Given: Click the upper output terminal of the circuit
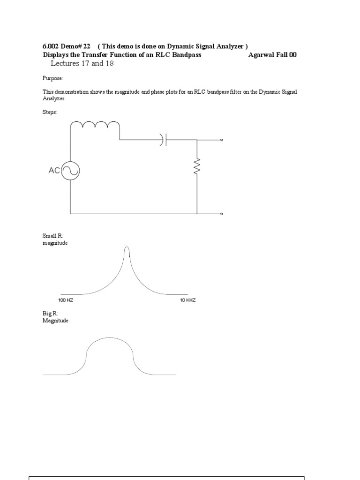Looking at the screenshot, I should [222, 140].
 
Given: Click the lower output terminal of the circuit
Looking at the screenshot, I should [222, 214].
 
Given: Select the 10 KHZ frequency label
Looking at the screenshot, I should [187, 300].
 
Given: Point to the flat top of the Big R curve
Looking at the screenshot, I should [110, 338].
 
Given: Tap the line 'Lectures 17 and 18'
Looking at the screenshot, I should [82, 63].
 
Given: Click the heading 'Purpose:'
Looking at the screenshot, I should [52, 78].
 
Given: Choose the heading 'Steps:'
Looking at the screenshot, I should [49, 112].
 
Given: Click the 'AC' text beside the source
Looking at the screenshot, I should [54, 171].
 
